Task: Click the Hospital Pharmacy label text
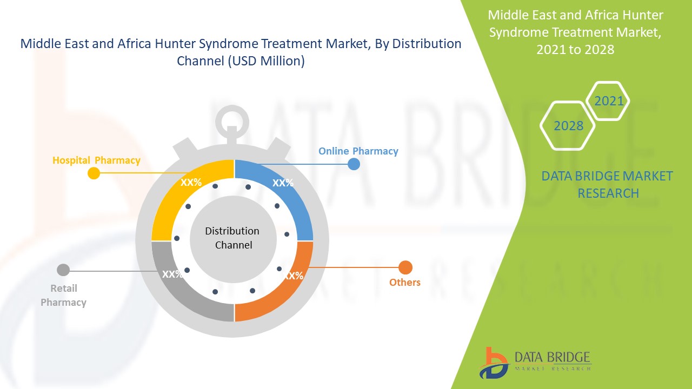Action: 96,160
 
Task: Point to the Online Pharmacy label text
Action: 358,151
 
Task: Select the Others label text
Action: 404,282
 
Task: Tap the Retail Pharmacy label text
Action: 63,296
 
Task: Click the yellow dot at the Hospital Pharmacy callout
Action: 94,173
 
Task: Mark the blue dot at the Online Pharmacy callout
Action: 354,164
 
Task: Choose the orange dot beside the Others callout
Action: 405,267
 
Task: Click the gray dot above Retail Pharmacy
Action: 63,270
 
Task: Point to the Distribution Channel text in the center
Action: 232,238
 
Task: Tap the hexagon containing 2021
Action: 608,101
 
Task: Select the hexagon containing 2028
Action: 568,125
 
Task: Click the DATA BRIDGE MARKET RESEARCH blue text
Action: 608,184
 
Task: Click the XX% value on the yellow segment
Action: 191,183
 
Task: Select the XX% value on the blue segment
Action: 283,183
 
